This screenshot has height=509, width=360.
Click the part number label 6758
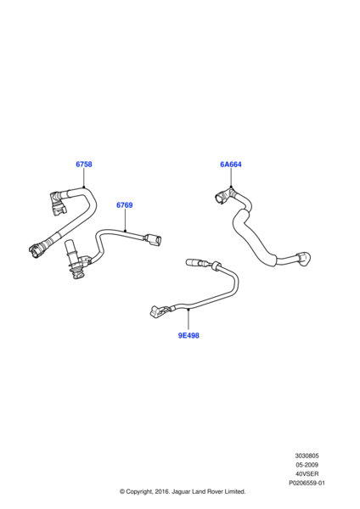click(84, 165)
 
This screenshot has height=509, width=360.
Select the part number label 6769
click(125, 205)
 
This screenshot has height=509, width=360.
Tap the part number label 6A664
click(231, 165)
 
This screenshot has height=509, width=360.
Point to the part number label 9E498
click(188, 335)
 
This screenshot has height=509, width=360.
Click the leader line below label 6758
click(84, 178)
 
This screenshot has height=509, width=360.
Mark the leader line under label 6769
click(125, 221)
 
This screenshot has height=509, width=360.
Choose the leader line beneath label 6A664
click(231, 178)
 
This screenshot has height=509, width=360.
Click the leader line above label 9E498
click(188, 321)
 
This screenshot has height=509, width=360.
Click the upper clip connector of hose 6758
click(58, 203)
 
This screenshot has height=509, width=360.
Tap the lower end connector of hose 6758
click(36, 250)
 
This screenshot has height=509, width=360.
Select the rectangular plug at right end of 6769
click(153, 240)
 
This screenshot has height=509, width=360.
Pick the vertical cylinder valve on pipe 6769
click(71, 259)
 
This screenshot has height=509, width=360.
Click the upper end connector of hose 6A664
click(222, 197)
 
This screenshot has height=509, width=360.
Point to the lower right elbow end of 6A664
click(303, 259)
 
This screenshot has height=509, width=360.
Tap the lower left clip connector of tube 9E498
click(159, 311)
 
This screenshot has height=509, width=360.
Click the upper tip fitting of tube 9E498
click(194, 262)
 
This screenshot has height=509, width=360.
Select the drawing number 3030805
click(307, 456)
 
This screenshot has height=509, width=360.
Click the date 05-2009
click(307, 465)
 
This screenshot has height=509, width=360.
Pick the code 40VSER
click(307, 474)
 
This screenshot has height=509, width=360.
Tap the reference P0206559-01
click(307, 483)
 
